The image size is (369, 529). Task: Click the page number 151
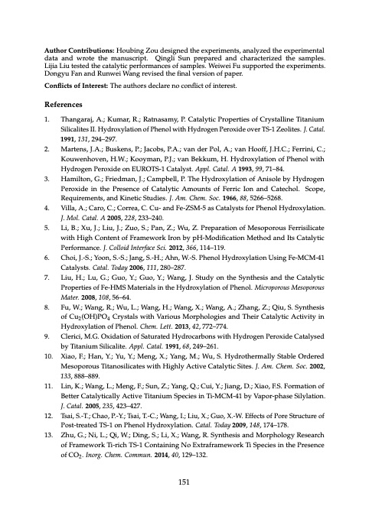(x=184, y=480)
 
